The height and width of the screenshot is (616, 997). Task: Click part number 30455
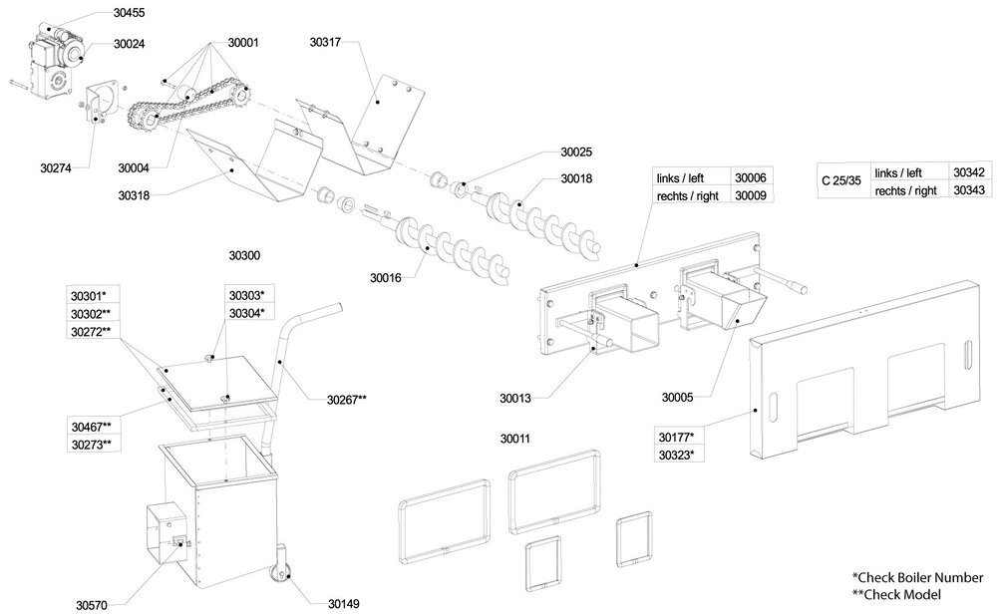130,14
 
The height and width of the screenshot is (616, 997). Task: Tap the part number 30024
129,44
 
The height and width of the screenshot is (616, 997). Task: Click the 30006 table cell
751,177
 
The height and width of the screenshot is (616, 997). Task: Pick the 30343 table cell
968,188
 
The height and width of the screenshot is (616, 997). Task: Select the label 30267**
347,401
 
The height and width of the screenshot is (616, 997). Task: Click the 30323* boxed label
677,456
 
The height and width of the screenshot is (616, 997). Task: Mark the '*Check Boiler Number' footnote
917,577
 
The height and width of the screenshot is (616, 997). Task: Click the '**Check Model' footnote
896,594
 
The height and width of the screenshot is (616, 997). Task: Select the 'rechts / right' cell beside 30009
688,196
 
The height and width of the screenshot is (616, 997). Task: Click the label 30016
385,277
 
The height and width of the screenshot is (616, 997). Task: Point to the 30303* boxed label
244,296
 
